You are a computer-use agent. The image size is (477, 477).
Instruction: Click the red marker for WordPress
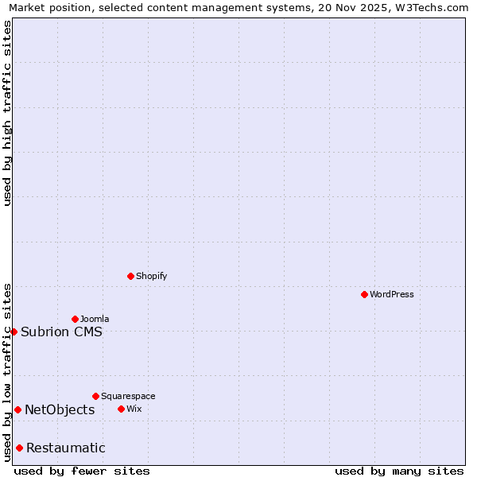point(364,294)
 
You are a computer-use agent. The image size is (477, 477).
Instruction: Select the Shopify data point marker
point(130,276)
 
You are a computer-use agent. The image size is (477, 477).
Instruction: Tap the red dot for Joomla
point(75,319)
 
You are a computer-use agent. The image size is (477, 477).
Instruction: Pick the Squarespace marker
point(95,396)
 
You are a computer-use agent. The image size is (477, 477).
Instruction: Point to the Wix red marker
point(121,409)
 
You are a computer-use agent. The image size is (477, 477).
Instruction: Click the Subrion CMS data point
point(14,332)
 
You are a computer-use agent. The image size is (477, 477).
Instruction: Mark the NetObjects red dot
point(17,409)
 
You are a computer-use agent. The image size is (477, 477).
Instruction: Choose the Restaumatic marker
point(19,448)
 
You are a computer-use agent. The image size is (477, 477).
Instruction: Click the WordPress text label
point(392,294)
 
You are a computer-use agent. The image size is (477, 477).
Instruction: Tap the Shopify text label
point(151,276)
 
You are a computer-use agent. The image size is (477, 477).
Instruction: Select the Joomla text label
point(95,319)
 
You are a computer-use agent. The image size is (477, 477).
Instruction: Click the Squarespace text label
point(128,396)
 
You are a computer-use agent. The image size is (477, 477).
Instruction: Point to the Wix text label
point(134,409)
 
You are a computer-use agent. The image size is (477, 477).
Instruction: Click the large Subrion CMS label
point(61,332)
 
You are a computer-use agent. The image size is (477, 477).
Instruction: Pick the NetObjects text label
point(60,409)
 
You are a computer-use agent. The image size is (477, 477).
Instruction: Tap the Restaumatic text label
point(65,448)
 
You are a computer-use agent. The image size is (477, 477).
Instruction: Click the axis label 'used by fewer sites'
point(82,471)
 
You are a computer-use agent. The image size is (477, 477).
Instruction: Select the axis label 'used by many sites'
point(399,471)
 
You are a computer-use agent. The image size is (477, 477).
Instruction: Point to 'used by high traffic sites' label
point(7,113)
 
